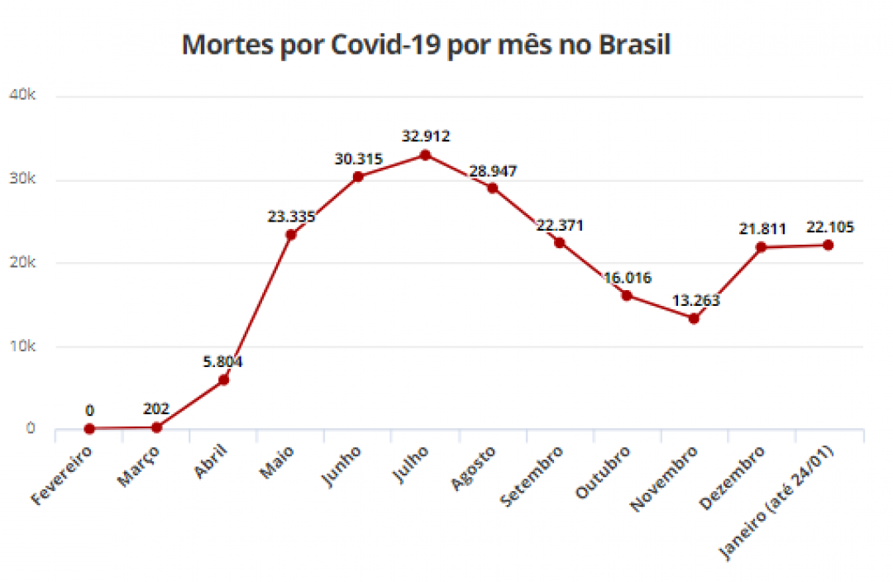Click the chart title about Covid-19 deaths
(425, 45)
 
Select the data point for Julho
(425, 155)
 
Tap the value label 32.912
(425, 136)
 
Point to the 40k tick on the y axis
(21, 96)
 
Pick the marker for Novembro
(694, 318)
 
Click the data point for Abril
(223, 379)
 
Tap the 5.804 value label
(223, 361)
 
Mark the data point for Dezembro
(761, 247)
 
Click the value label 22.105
(828, 227)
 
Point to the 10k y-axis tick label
(21, 346)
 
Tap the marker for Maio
(290, 235)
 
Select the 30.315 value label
(357, 159)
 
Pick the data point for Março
(156, 427)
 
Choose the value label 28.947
(492, 170)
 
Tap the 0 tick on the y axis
(31, 428)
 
